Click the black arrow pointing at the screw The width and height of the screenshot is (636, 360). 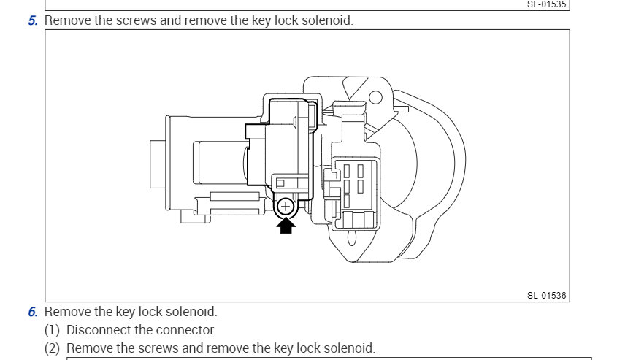pos(286,226)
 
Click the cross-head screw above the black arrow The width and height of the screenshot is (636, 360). pos(286,207)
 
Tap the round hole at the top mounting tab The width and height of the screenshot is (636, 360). pos(375,97)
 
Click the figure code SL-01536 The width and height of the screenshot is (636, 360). pos(547,296)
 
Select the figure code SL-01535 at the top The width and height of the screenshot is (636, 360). pos(547,4)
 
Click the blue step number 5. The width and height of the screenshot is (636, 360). pos(33,20)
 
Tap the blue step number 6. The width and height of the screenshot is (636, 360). pos(33,313)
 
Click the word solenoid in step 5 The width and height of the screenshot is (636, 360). pos(328,20)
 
